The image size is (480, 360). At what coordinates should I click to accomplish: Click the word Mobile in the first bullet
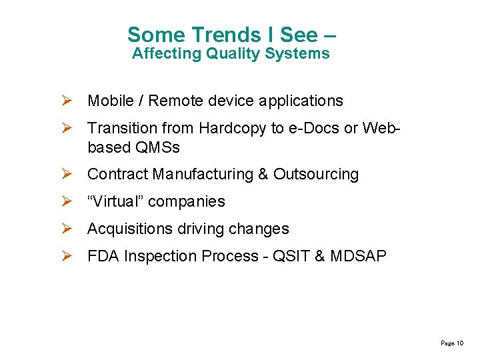click(x=111, y=101)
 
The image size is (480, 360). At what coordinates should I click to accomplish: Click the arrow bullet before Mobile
click(x=67, y=101)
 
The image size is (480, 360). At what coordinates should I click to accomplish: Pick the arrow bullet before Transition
click(x=67, y=128)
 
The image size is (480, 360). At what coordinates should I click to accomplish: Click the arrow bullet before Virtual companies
click(x=67, y=201)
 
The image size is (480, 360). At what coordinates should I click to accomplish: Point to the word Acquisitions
click(x=130, y=229)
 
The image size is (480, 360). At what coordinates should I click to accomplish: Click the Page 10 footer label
click(x=452, y=343)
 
